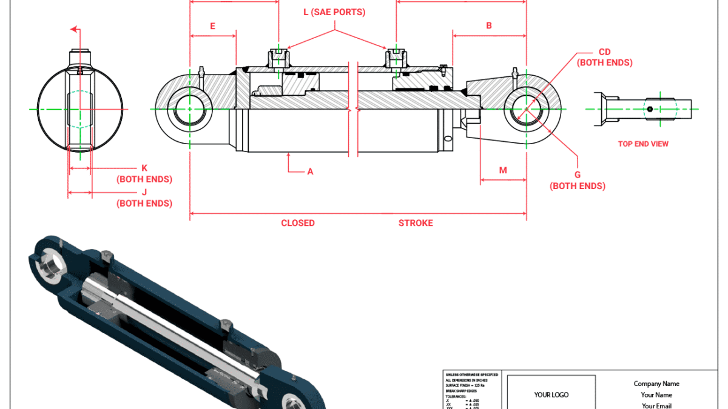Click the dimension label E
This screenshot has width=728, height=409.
(x=213, y=26)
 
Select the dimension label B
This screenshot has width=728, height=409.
(x=489, y=25)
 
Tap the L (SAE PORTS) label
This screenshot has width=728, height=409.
(x=334, y=12)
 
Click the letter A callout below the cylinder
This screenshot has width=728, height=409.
(x=310, y=171)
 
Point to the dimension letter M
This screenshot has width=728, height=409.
(x=503, y=170)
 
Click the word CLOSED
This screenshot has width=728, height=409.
(x=298, y=223)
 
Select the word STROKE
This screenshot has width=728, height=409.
(x=416, y=223)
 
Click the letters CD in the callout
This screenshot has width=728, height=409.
(x=604, y=52)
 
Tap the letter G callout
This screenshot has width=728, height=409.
(x=578, y=175)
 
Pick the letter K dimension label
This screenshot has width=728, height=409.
(x=144, y=168)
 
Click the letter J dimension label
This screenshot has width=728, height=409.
(x=144, y=192)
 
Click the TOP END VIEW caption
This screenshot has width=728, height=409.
(x=643, y=144)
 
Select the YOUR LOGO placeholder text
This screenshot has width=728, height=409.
(x=551, y=395)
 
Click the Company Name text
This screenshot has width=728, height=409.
(x=656, y=384)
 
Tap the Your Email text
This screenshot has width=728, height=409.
(x=656, y=405)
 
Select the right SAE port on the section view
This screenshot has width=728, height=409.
(x=396, y=58)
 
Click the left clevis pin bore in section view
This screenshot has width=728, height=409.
(x=189, y=110)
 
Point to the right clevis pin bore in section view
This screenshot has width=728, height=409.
(x=525, y=110)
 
